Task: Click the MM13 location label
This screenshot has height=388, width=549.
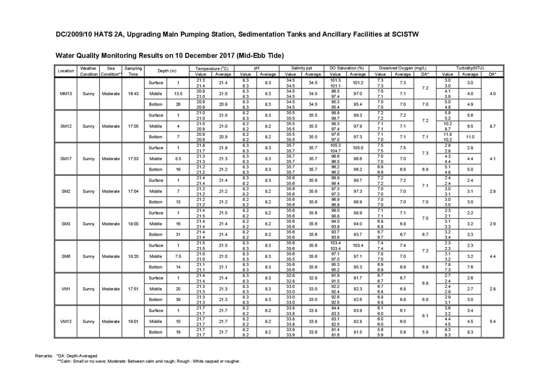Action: click(66, 94)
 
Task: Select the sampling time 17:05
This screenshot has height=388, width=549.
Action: click(133, 126)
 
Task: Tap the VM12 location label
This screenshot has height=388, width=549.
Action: click(66, 322)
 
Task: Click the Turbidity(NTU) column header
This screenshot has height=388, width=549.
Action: click(470, 68)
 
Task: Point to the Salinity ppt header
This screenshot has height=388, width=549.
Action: click(302, 68)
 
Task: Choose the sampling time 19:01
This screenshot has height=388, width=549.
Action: click(133, 322)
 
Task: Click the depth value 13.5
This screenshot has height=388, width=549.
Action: click(178, 94)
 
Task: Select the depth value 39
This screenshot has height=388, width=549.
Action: click(178, 300)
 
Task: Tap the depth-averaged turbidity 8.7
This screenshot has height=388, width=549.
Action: click(492, 126)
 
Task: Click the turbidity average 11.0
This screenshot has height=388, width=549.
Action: click(470, 137)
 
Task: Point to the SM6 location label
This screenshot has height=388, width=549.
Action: click(66, 257)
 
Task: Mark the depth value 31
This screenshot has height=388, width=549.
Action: click(178, 235)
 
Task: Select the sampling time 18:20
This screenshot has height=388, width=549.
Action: click(133, 257)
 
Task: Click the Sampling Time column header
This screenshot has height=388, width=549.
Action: click(133, 71)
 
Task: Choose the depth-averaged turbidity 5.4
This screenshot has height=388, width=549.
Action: click(492, 322)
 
